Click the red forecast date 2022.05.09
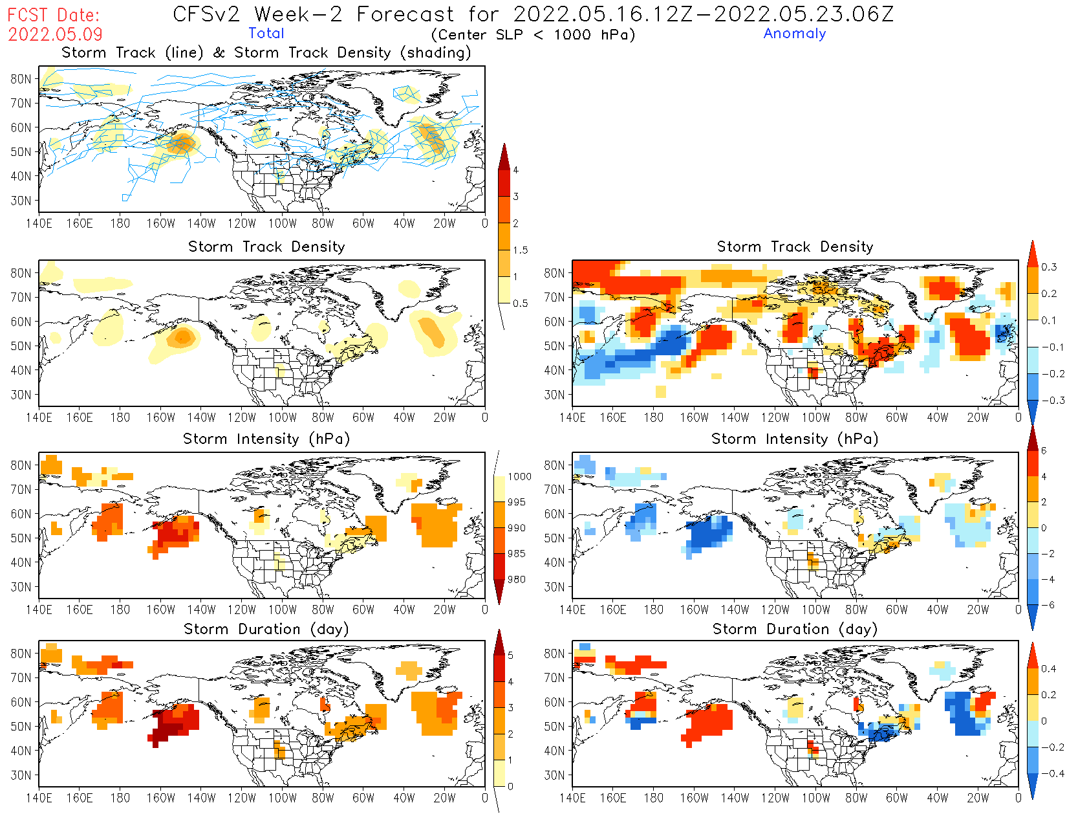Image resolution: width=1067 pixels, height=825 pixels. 55,34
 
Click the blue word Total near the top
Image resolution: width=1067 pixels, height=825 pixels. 266,33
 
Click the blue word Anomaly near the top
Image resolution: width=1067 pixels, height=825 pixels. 794,34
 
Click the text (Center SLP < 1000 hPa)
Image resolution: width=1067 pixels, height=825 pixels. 533,34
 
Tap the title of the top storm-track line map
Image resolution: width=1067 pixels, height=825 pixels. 266,52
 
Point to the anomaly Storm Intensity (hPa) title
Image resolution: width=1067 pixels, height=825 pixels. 794,439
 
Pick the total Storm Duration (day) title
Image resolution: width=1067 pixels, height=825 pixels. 266,629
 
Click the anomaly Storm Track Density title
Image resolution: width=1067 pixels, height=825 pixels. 794,247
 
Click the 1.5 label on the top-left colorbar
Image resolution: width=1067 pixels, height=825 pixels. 520,250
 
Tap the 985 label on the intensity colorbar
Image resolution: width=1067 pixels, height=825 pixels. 516,554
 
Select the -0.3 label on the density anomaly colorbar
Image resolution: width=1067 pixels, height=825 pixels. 1053,401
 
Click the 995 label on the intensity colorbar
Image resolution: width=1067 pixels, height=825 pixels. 516,502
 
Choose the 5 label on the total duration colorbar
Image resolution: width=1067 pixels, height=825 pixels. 510,655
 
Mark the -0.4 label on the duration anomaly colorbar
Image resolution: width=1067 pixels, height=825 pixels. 1053,773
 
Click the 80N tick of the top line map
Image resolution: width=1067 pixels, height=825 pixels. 21,79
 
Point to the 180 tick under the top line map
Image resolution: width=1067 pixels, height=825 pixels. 120,223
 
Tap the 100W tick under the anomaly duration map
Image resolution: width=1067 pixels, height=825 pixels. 815,798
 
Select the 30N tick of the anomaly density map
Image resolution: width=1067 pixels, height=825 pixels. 554,395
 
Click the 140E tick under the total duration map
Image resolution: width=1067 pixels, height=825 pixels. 39,798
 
